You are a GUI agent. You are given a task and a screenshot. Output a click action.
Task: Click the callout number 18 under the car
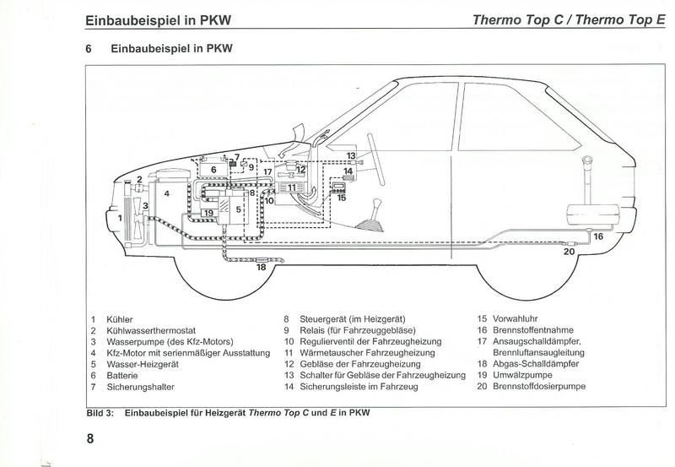pos(262,268)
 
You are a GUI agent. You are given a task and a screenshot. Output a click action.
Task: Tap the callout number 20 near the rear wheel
pos(569,252)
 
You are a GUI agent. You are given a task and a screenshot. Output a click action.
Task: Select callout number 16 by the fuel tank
pos(598,236)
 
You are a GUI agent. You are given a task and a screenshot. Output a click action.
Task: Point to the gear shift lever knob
pos(377,203)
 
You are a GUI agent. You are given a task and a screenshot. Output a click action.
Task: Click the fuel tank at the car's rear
pos(593,215)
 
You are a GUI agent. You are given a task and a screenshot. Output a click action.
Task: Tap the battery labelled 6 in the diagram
pos(213,168)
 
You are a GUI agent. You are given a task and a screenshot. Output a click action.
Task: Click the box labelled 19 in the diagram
pos(208,213)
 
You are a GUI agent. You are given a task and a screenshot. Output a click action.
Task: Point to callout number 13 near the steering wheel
pos(351,156)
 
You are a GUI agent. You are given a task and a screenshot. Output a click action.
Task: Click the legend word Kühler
pos(120,320)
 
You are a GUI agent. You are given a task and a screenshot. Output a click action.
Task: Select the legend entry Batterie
pos(122,376)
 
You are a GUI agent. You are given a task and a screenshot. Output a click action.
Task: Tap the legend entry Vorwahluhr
pos(516,319)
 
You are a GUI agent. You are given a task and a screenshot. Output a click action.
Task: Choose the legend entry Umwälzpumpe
pos(522,375)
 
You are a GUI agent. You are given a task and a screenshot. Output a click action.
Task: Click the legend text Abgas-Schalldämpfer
pos(536,364)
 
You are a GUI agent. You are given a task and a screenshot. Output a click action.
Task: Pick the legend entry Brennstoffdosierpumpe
pos(539,386)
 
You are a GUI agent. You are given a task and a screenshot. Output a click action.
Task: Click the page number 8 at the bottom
pos(90,439)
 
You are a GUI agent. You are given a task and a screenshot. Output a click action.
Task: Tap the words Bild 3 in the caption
pos(100,413)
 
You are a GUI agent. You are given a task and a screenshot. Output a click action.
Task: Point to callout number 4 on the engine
pos(167,194)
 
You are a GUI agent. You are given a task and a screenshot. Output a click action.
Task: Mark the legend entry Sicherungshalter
pos(140,387)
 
